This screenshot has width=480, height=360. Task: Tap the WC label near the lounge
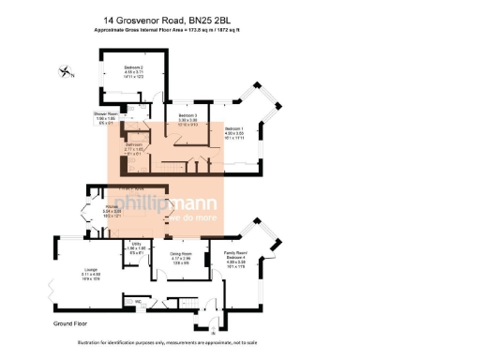tap(138, 301)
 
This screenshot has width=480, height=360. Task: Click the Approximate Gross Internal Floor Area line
tap(173, 31)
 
